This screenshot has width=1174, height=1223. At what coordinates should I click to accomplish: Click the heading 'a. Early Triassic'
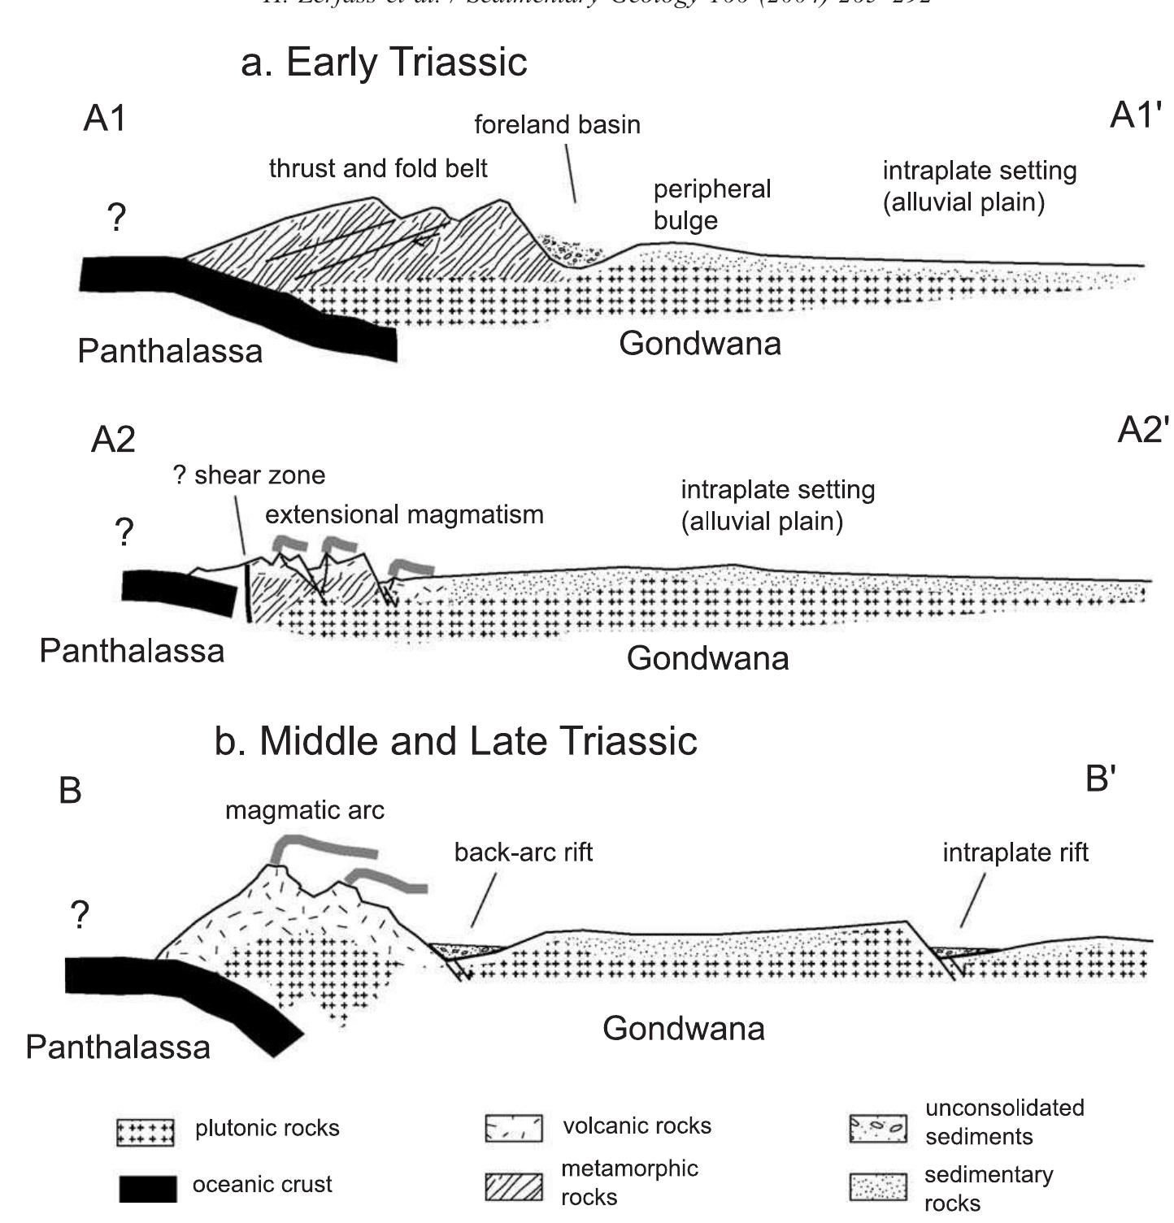pos(384,63)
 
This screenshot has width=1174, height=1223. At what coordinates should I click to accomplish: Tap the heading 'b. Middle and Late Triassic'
pos(455,741)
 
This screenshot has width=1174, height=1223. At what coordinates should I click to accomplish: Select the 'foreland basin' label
pos(557,124)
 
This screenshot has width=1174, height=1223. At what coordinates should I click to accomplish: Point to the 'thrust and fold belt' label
pos(378,168)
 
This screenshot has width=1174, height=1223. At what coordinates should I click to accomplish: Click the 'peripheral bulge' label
pos(711,204)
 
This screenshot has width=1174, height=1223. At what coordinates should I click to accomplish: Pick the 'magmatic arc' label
pos(304,810)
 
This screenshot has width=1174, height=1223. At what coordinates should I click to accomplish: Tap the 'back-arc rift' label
pos(523,852)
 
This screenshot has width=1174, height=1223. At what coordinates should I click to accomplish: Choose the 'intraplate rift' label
pos(1015,852)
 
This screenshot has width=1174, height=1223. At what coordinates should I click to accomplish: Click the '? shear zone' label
pos(249,475)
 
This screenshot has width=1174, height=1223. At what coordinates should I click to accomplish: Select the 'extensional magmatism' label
pos(404,514)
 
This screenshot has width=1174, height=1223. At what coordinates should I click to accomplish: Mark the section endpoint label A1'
pos(1135,116)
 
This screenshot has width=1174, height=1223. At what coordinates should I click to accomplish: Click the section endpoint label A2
pos(113,440)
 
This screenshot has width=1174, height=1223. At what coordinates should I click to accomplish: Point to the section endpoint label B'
pos(1100,778)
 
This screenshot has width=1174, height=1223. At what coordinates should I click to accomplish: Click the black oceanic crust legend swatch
pos(148,1188)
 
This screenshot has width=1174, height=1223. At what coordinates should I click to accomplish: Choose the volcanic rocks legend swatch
pos(513,1129)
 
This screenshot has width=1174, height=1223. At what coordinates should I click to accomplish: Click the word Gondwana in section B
pos(683,1029)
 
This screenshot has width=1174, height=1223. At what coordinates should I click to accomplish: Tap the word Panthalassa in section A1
pos(170,351)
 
